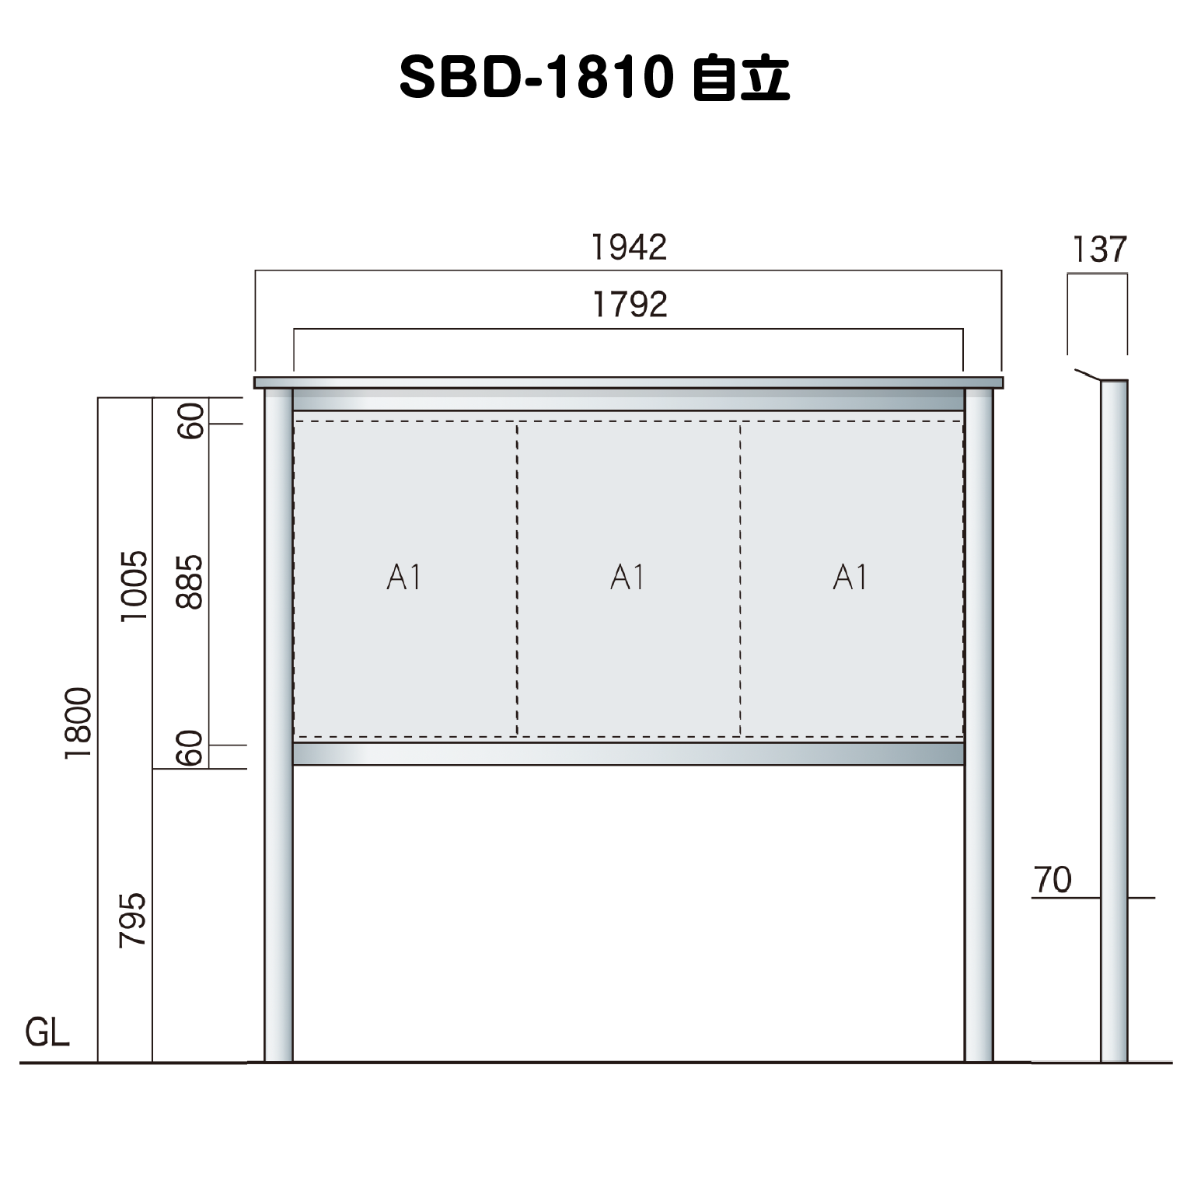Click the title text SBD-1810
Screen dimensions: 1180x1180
535,79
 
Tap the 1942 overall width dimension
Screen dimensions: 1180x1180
630,247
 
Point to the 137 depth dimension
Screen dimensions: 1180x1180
1099,250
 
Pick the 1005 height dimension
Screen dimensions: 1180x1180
134,585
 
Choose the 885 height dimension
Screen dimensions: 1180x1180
190,581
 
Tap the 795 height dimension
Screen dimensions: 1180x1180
133,919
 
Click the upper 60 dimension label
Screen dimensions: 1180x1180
190,421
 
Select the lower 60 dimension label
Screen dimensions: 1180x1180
190,749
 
